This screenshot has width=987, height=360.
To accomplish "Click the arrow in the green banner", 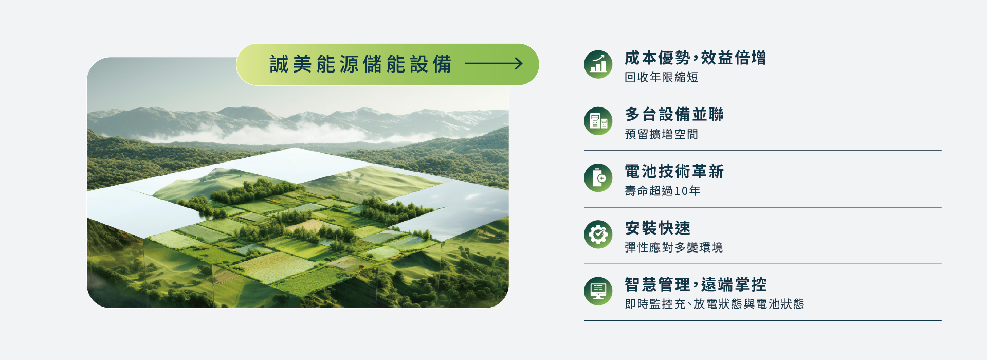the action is (493, 64).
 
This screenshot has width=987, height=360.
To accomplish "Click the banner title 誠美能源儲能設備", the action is (360, 64).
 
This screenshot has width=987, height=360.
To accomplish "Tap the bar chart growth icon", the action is (598, 64).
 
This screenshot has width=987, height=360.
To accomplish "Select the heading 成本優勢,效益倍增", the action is (695, 58).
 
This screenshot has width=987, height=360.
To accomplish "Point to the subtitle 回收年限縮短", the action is (661, 77).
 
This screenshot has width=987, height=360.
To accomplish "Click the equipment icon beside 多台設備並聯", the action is (598, 121).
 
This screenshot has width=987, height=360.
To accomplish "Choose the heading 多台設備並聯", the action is (674, 114).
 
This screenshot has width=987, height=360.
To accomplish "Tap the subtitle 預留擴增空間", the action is (661, 134).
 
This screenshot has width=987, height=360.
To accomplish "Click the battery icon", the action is (598, 177).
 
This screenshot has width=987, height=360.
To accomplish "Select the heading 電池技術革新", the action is (674, 171).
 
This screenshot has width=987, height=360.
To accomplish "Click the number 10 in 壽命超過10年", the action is (681, 191).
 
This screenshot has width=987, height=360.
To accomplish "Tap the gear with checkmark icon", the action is (598, 235).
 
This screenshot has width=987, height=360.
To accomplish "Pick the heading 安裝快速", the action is (657, 228).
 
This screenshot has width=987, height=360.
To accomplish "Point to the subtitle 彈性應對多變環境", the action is (673, 247).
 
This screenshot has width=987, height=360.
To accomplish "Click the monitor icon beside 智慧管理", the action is (598, 291).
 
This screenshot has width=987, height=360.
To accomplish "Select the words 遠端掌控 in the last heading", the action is (734, 284).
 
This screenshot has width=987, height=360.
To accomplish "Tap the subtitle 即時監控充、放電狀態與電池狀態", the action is (714, 304).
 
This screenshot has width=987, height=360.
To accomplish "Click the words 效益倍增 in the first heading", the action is (734, 58).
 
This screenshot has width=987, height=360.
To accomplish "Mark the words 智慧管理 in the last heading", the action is (657, 284).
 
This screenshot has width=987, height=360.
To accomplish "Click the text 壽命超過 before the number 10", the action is (649, 191).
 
